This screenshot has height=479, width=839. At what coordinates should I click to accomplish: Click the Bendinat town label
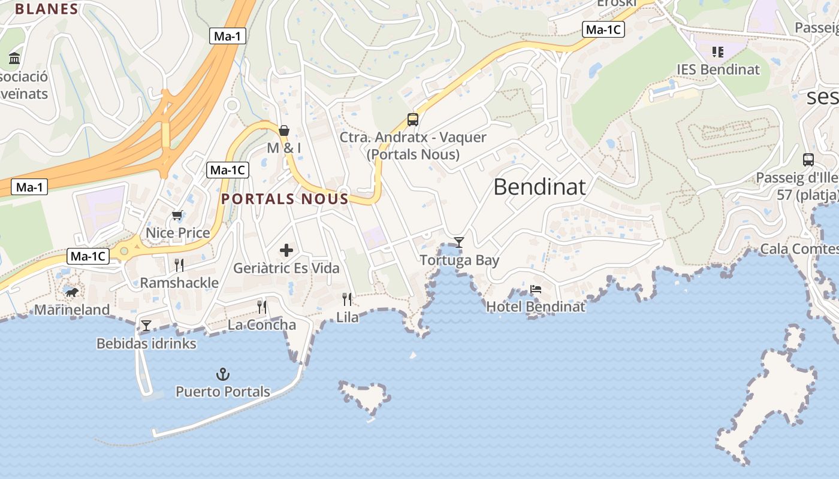[x=539, y=187]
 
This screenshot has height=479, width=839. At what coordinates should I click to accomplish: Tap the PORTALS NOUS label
[x=285, y=199]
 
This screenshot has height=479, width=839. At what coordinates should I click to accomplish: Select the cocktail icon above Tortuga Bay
[x=459, y=242]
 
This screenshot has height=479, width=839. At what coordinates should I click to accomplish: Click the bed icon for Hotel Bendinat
[x=536, y=289]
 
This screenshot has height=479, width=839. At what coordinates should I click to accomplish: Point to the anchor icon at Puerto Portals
[x=223, y=375]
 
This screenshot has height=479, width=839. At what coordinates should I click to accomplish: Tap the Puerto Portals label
[x=223, y=392]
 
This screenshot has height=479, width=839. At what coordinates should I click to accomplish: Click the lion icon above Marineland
[x=72, y=292]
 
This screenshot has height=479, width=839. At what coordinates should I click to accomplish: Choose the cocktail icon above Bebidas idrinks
[x=146, y=326]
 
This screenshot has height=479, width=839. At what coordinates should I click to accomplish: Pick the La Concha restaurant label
[x=262, y=325]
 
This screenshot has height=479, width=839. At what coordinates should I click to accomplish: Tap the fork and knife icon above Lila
[x=347, y=299]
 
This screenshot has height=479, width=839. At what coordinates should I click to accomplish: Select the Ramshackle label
[x=179, y=283]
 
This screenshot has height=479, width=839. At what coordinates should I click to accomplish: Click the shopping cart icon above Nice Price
[x=177, y=215]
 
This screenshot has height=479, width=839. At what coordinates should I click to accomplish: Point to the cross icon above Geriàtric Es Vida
[x=286, y=250]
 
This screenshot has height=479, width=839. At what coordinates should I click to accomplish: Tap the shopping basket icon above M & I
[x=284, y=130]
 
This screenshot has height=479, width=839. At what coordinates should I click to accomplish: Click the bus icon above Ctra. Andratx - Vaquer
[x=413, y=119]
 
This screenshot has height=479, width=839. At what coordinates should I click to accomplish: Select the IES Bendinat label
[x=718, y=69]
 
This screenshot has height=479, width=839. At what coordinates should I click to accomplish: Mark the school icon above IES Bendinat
[x=718, y=52]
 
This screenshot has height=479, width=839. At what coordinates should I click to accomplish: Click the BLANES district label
[x=47, y=9]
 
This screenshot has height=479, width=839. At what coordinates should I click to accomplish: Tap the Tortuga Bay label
[x=459, y=260]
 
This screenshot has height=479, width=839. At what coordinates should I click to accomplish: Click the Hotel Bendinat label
[x=536, y=307]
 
